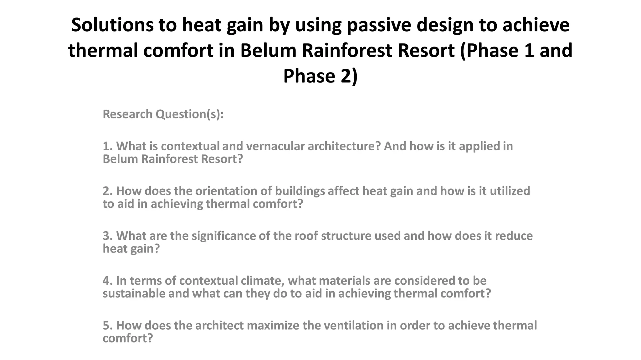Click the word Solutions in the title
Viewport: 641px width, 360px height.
pos(112,25)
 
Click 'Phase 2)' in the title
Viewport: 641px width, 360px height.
pos(320,76)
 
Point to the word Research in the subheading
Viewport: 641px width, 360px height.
pos(127,114)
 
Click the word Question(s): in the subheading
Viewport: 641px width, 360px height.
pos(190,114)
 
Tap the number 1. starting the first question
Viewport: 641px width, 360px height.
pos(108,146)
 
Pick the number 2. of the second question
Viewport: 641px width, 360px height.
pos(108,191)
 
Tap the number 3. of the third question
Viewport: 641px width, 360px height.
pos(108,236)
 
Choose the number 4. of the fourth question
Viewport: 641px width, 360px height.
pos(108,281)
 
